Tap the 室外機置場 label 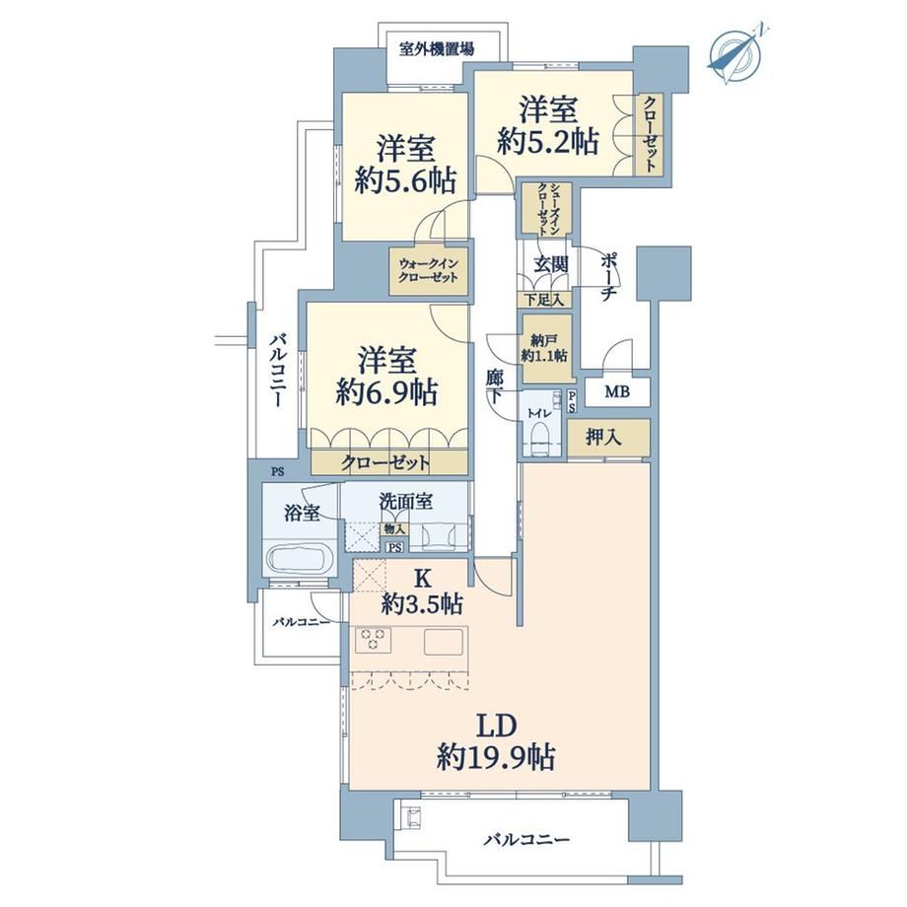[x=437, y=49]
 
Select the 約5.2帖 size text [x=548, y=142]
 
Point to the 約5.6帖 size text [x=405, y=180]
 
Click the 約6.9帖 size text [x=386, y=392]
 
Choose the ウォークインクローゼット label [x=429, y=271]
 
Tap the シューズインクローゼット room [x=546, y=209]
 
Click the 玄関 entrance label [x=550, y=264]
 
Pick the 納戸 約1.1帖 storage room [x=545, y=348]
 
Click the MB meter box [x=617, y=392]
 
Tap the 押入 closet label [x=603, y=437]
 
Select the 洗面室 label [x=406, y=502]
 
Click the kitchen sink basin [x=445, y=641]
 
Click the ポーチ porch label [x=608, y=276]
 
